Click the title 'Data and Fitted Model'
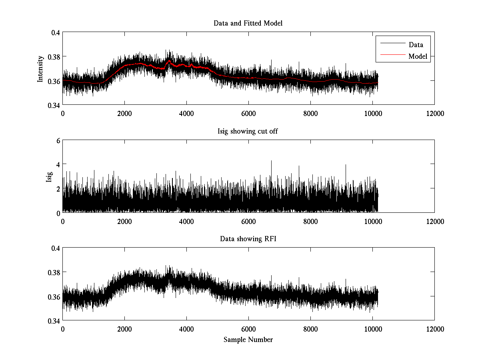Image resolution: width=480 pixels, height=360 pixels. pos(248,23)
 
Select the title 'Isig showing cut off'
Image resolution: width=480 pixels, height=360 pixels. pos(248,131)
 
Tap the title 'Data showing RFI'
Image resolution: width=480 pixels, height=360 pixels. pos(248,239)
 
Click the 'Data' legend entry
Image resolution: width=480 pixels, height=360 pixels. pos(416,44)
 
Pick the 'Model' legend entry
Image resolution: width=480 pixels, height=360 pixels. pos(418,56)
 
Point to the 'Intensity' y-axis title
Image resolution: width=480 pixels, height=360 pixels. pos(40,69)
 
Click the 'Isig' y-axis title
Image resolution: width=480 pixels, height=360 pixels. pos(49,176)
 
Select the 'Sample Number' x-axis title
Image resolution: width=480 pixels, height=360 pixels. pos(248,340)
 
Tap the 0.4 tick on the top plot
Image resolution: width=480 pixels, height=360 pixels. pos(56,32)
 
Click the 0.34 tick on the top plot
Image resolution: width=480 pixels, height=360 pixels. pos(54,105)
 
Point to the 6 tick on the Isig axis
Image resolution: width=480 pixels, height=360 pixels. pos(58,140)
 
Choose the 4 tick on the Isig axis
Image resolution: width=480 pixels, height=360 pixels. pos(58,164)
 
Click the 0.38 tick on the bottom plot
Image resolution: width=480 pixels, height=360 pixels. pos(54,272)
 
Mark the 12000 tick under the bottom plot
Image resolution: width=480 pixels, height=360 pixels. pos(434,329)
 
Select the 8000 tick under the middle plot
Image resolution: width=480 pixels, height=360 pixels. pos(310,221)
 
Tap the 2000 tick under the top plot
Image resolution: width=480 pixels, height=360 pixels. pos(124,114)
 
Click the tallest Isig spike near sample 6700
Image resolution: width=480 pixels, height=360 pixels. pos(271,161)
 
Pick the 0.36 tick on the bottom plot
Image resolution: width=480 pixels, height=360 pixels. pos(54,296)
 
